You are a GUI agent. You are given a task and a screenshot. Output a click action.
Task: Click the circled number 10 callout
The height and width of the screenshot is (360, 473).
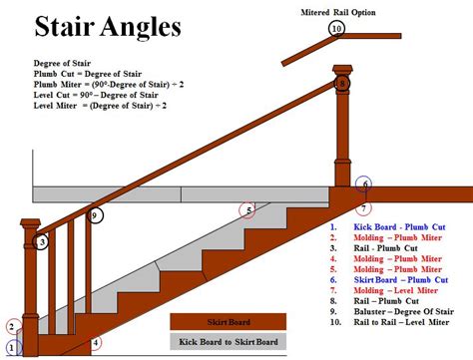pos(336,28)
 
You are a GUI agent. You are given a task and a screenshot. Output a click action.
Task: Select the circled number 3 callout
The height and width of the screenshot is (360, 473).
pos(42,242)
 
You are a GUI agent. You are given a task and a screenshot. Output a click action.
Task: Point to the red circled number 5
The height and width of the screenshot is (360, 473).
pos(246,209)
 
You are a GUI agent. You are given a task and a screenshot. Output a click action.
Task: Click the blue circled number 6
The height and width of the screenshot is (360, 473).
pos(365,184)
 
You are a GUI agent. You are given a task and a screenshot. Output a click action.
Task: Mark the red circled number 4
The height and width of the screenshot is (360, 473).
pos(96,344)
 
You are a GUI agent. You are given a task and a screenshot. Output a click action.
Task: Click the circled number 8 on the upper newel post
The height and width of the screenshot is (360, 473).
pos(342,83)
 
